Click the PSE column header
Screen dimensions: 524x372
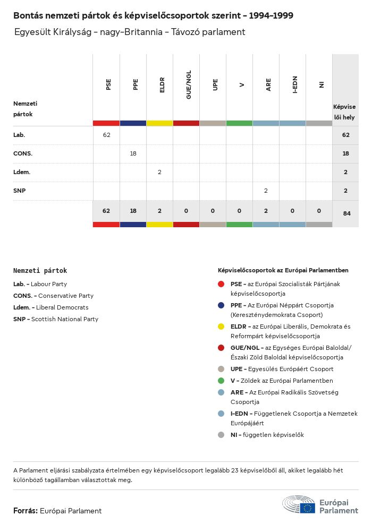[x=108, y=84]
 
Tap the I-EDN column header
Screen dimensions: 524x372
[x=295, y=85]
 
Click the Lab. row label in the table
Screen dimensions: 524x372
[x=19, y=135]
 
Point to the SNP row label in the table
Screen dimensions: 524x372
[x=19, y=191]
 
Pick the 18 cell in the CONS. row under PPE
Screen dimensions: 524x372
[x=133, y=153]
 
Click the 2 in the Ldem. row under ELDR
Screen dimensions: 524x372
[x=159, y=172]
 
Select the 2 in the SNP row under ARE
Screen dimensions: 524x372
[x=266, y=191]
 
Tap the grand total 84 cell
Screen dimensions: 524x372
[x=345, y=213]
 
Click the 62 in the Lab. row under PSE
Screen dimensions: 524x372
[x=106, y=135]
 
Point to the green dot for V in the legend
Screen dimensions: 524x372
[x=221, y=381]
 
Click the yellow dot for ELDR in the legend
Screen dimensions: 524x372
[x=221, y=327]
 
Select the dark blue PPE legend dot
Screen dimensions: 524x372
[x=221, y=305]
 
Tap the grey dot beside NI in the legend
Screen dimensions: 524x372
[x=221, y=435]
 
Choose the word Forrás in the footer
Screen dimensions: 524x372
[x=25, y=511]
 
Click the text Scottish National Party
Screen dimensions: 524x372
[x=64, y=319]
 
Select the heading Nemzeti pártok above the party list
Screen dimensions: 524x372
[x=40, y=271]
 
